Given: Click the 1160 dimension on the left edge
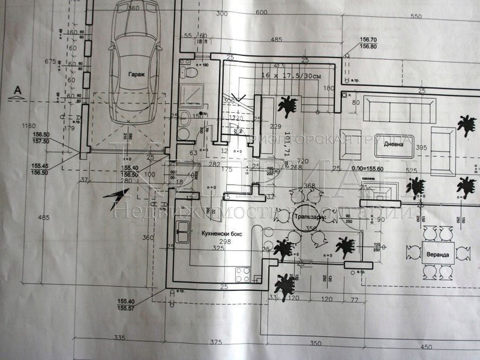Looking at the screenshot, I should pyautogui.click(x=25, y=126).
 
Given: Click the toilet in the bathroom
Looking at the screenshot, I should pyautogui.click(x=190, y=74).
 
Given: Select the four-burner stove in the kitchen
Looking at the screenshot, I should pyautogui.click(x=243, y=274).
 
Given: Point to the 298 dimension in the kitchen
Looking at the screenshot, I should pyautogui.click(x=208, y=242).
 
